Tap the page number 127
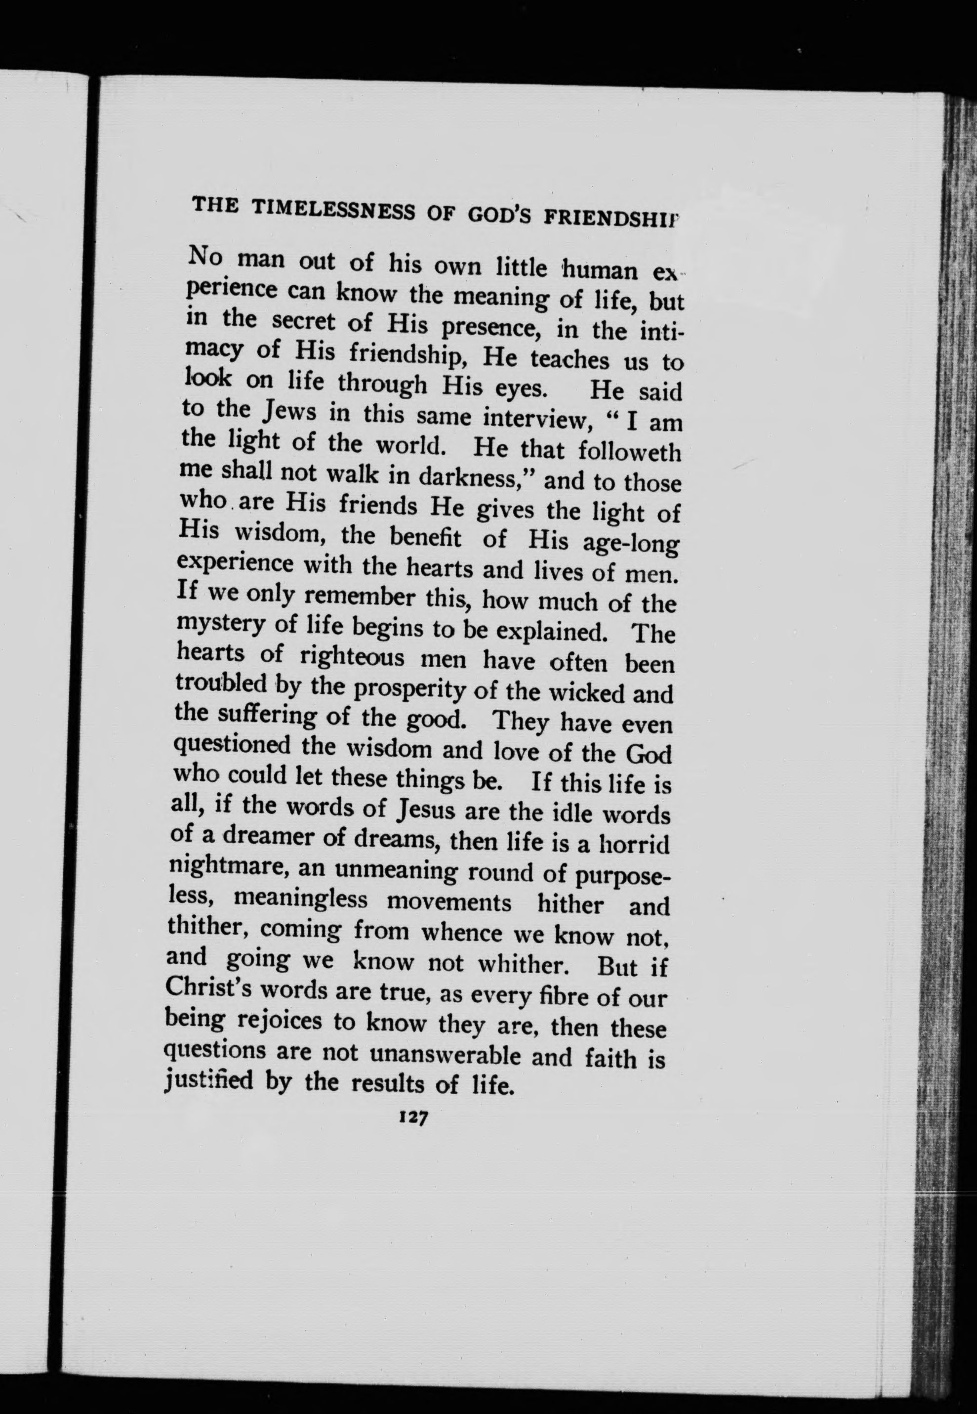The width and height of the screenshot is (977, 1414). tap(414, 1116)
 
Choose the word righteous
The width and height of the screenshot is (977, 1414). tap(353, 658)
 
